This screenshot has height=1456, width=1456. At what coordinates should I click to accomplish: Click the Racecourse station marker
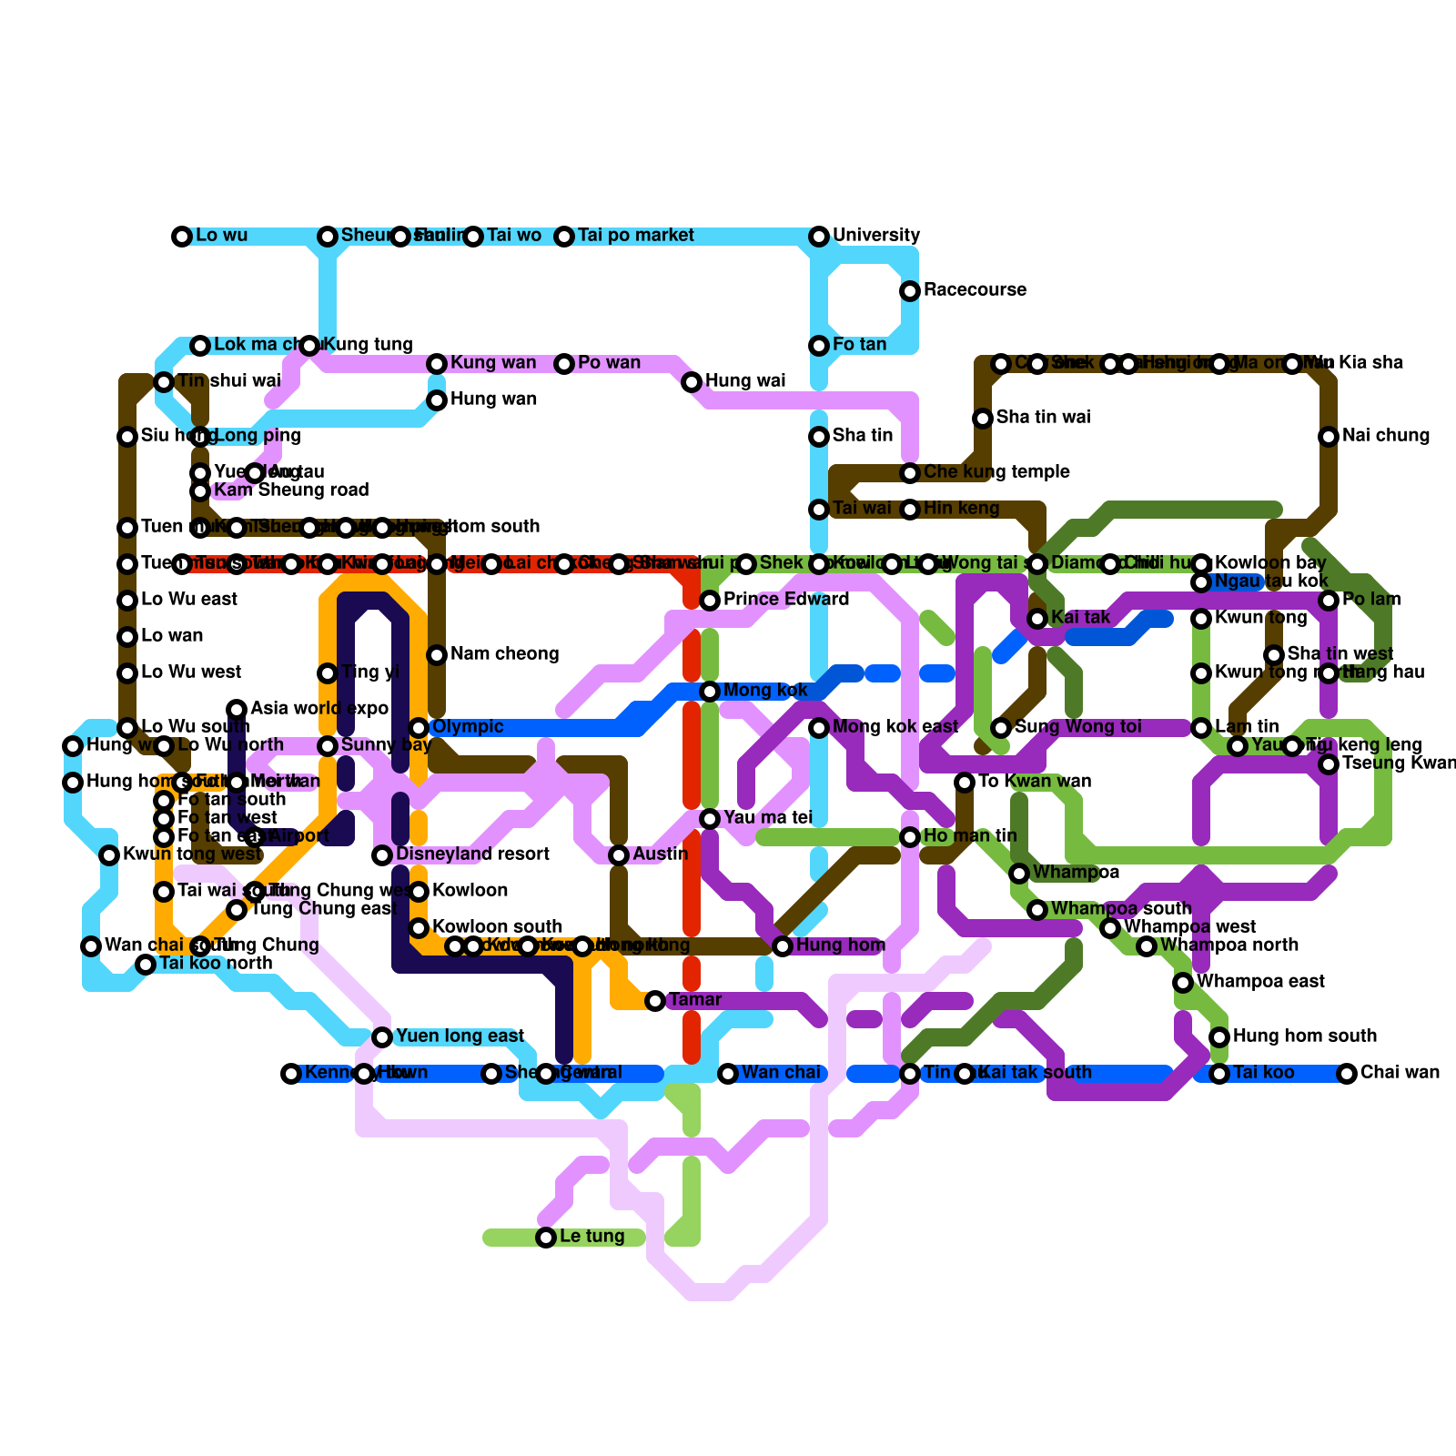point(910,291)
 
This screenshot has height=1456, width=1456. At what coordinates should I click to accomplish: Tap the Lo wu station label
point(221,236)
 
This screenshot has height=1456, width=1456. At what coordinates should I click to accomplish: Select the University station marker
point(819,237)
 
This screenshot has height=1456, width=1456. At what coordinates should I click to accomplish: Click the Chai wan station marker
point(1347,1074)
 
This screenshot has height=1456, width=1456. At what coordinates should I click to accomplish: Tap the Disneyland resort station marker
point(382,855)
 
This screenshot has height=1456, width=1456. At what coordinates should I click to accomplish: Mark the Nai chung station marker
point(1329,437)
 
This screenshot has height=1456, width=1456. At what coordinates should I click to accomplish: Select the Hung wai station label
point(745,381)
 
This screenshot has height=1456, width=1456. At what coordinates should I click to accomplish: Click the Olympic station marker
point(419,728)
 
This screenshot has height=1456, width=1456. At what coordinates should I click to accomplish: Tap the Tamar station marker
point(655,1001)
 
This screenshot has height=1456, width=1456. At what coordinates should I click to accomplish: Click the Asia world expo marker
point(237,710)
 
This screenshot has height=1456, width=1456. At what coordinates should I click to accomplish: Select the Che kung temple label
point(996,472)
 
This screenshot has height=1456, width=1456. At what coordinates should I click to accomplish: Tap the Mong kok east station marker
point(819,728)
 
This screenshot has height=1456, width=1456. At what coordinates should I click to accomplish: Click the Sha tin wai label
point(1043,418)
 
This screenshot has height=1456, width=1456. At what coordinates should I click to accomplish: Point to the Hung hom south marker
point(1219,1037)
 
